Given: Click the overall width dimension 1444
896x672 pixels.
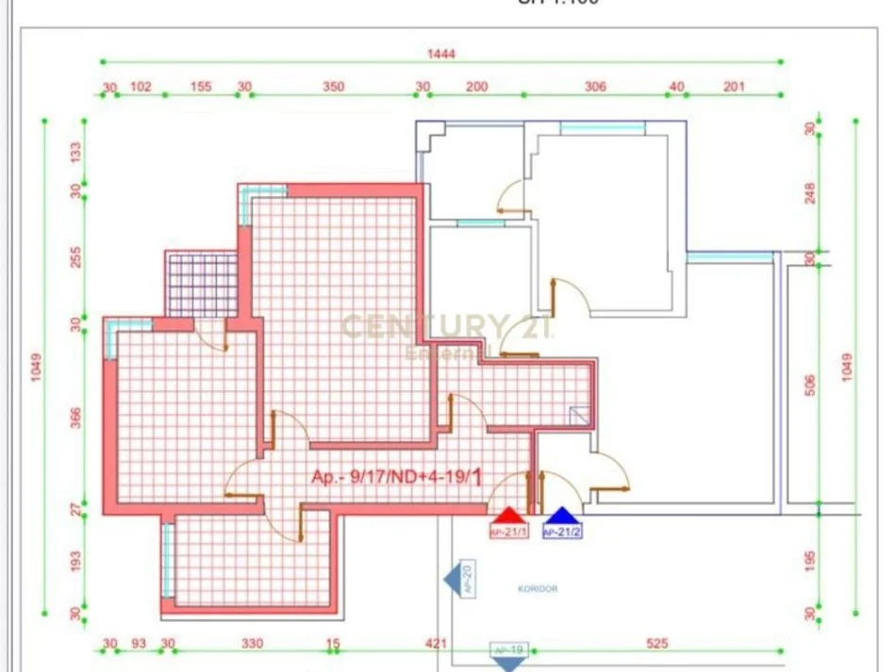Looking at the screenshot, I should (440, 54).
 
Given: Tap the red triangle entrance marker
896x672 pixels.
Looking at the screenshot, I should (508, 516).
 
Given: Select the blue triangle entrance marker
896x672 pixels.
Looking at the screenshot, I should (561, 516).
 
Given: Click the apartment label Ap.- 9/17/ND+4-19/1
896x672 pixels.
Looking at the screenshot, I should (397, 478).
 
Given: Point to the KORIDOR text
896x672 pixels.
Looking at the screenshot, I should (538, 589).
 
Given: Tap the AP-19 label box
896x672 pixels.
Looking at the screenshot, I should (509, 650).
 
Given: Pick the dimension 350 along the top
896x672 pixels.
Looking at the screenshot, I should (333, 87).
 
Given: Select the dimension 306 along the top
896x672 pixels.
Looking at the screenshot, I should (595, 87).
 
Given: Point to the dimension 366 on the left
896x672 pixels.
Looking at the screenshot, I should (76, 418).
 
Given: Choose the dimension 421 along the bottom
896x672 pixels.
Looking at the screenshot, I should (435, 644).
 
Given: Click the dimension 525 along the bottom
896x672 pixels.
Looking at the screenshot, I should (656, 644).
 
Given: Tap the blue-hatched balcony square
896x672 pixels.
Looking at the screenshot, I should (200, 283).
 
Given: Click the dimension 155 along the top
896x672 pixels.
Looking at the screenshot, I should (201, 87).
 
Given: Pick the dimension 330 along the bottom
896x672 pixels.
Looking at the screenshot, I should (253, 644).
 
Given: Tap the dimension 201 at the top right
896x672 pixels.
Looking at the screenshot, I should (734, 87).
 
